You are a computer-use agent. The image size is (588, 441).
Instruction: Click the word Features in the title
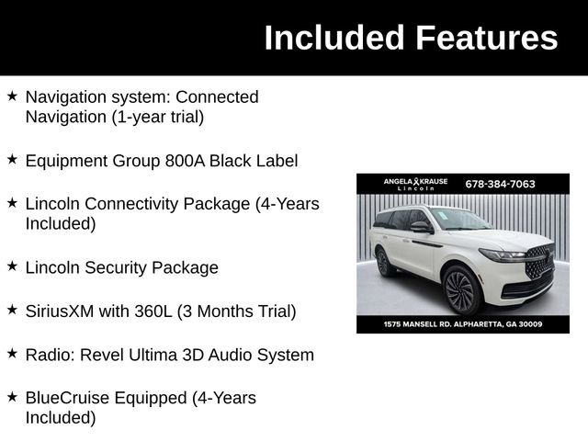coord(486,39)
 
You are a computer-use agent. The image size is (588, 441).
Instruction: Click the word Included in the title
coord(334,39)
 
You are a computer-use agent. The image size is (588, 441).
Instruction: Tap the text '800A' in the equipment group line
coord(179,161)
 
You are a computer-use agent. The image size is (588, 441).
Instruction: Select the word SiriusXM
coord(60,311)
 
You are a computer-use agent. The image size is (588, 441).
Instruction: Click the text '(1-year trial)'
coord(153,117)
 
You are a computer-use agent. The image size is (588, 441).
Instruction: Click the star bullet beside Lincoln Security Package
coord(12,266)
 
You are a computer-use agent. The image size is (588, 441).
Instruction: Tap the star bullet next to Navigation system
coord(12,96)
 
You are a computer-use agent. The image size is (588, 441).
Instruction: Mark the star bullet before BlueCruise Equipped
coord(12,397)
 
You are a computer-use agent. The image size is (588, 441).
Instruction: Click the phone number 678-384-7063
coord(500,184)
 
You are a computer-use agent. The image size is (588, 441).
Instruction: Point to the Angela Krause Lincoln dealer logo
coord(415,184)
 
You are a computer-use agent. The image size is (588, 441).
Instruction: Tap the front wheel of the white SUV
coord(459,289)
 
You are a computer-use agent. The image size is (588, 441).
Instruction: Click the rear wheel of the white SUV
coord(383,262)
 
